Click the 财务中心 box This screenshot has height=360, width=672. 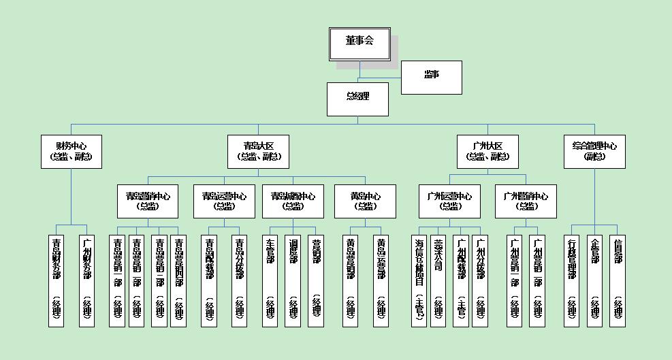[71, 152]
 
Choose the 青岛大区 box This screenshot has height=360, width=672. [258, 152]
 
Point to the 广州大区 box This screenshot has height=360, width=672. [487, 152]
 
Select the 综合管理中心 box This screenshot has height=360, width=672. [594, 152]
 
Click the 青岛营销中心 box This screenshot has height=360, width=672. [148, 201]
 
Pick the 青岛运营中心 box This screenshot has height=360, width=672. [224, 201]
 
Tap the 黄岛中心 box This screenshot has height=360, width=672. [366, 201]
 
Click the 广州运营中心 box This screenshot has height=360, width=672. [449, 201]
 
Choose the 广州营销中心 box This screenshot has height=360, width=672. [526, 201]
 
